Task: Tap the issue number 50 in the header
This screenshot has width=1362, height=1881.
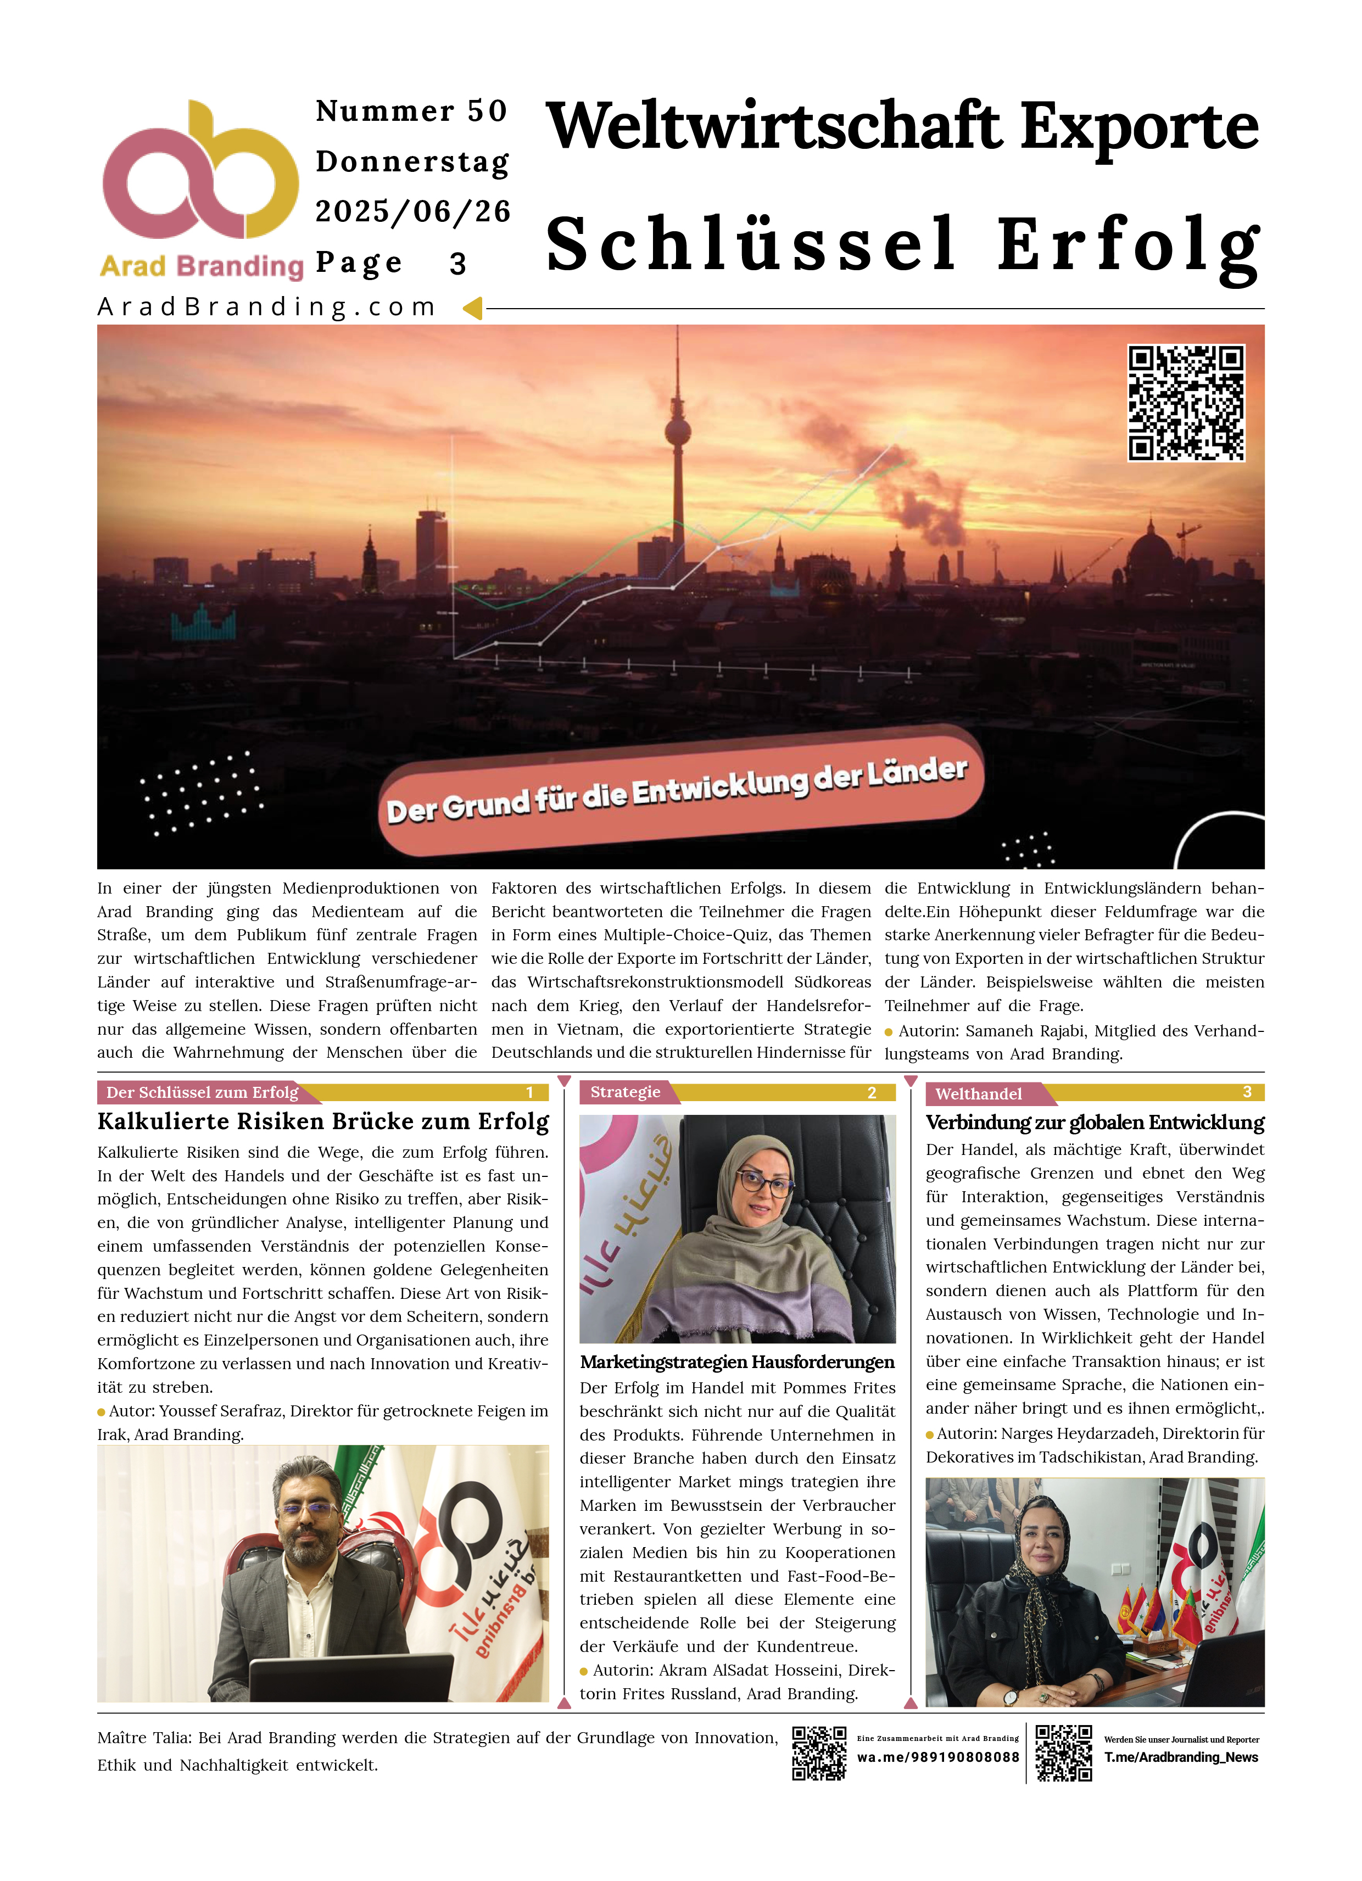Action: pyautogui.click(x=487, y=111)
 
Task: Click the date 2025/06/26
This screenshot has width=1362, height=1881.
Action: pyautogui.click(x=412, y=211)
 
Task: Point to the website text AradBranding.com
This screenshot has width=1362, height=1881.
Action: pyautogui.click(x=267, y=307)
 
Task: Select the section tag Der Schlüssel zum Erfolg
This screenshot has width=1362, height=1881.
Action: pyautogui.click(x=203, y=1092)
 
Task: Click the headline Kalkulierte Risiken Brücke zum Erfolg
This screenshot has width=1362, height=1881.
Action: pyautogui.click(x=323, y=1121)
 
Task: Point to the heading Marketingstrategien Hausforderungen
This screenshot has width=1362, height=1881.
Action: pyautogui.click(x=736, y=1362)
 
